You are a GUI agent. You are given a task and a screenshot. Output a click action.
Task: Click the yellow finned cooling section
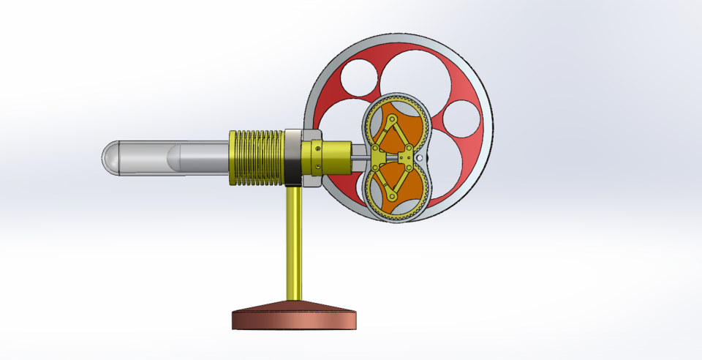tap(256, 157)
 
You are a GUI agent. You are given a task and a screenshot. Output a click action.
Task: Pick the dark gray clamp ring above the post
tap(293, 157)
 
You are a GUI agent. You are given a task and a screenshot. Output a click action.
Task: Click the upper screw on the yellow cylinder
tap(318, 146)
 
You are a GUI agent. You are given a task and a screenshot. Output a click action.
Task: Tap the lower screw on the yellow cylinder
tap(318, 170)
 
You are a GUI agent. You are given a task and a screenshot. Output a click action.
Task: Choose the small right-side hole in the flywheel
tap(461, 119)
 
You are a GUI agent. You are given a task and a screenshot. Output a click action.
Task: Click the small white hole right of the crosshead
tap(419, 157)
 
